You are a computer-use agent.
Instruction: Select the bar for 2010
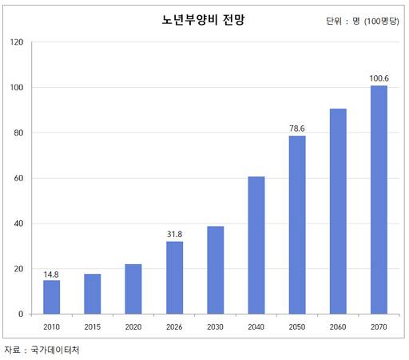point(51,297)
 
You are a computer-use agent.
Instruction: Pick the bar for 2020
point(133,289)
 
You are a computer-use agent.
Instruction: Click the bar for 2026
point(174,278)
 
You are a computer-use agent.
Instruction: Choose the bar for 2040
point(256,245)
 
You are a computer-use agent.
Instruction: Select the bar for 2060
point(338,212)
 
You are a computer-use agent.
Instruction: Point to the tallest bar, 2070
point(379,200)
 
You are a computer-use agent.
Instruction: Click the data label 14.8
point(51,274)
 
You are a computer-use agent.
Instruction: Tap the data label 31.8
point(174,235)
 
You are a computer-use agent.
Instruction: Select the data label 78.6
point(297,129)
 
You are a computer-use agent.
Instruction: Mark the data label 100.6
point(379,78)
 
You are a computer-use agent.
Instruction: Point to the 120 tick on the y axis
point(16,42)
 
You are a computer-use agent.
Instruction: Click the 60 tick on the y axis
point(18,178)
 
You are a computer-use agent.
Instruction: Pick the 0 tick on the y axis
point(21,314)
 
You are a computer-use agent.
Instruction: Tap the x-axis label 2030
point(215,326)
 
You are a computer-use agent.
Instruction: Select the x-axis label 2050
point(297,326)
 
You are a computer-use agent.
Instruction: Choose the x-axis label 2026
point(174,326)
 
